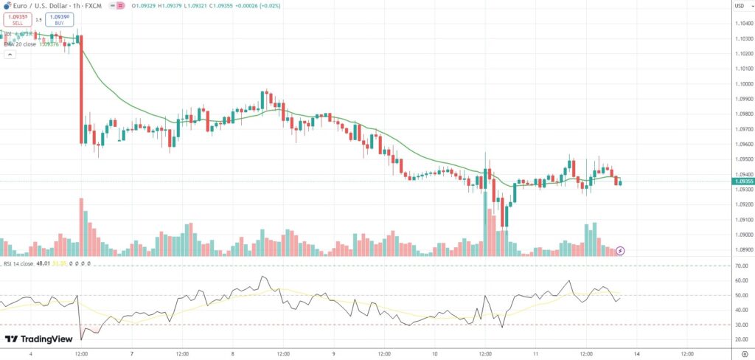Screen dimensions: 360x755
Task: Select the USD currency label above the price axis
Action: pyautogui.click(x=739, y=7)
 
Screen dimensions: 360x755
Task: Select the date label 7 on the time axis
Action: pyautogui.click(x=131, y=353)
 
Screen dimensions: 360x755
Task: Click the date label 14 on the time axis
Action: pyautogui.click(x=636, y=353)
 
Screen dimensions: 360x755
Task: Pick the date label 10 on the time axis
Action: pyautogui.click(x=434, y=353)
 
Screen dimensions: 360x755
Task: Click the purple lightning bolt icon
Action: pyautogui.click(x=621, y=251)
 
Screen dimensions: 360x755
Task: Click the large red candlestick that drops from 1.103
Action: pyautogui.click(x=81, y=89)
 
